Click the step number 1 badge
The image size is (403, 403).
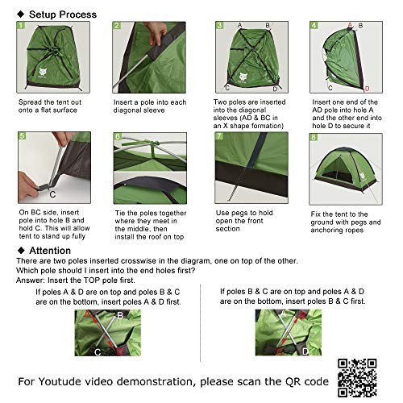point(20,26)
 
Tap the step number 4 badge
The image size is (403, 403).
point(314,26)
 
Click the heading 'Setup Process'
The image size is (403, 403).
point(62,15)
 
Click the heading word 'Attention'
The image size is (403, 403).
point(52,251)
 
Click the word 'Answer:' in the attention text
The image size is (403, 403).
point(30,281)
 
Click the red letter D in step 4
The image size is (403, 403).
point(367,88)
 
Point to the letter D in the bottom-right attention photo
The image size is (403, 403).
point(305,351)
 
